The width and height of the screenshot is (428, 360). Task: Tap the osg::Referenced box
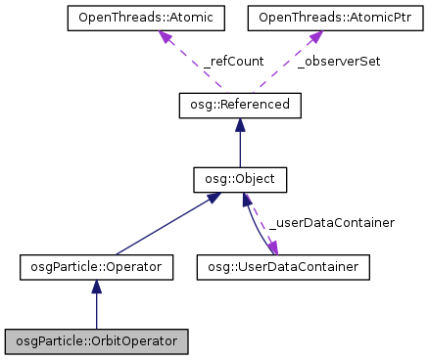[240, 103]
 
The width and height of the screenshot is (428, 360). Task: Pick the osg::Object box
[240, 179]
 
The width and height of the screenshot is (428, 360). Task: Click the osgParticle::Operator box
[97, 265]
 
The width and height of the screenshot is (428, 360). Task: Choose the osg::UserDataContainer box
[283, 265]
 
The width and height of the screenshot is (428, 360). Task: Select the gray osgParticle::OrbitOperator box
[96, 341]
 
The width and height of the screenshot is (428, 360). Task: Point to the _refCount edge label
[233, 61]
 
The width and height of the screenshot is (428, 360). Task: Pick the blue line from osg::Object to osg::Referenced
[240, 147]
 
